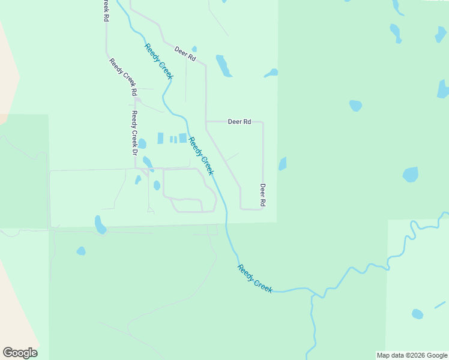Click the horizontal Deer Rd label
tap(239, 122)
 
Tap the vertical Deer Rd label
tap(262, 195)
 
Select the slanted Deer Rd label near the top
tap(185, 54)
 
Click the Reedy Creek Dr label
tap(135, 134)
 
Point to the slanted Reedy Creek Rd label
tap(123, 77)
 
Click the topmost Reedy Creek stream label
tap(158, 62)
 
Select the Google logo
tap(20, 353)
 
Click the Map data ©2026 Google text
tap(412, 355)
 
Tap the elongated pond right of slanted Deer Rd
tap(223, 66)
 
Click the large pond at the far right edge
tap(444, 89)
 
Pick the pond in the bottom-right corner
tap(417, 314)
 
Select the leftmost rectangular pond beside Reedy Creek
tap(160, 139)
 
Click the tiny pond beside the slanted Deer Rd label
tap(194, 49)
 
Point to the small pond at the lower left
tap(80, 251)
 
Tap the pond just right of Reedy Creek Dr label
tap(142, 144)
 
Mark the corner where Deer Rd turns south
tap(263, 122)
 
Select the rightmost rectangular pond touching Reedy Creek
tap(182, 138)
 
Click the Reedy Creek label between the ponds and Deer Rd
tap(201, 156)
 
